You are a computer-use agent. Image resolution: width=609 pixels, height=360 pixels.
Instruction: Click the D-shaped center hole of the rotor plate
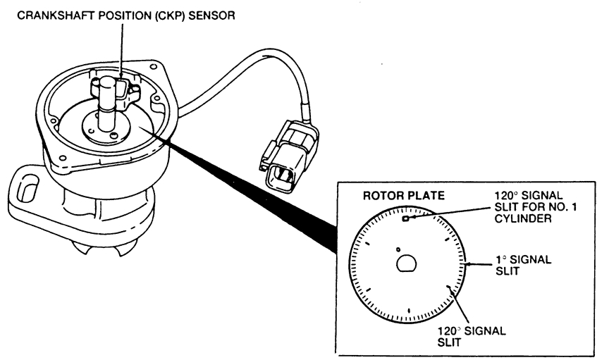407,263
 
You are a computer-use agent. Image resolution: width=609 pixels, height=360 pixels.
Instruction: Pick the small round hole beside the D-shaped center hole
398,249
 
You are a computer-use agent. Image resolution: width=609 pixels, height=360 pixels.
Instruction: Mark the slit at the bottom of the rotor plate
408,311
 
